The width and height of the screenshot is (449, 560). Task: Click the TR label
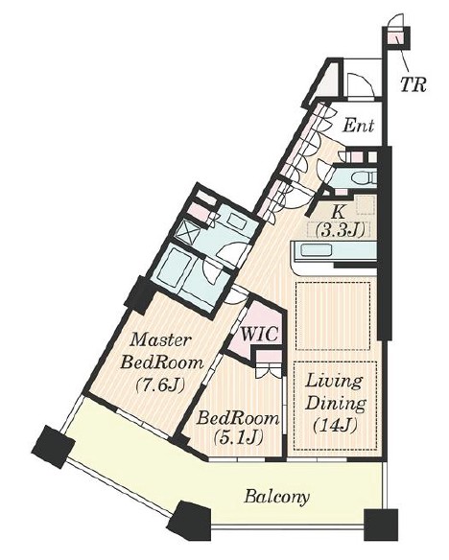point(413,84)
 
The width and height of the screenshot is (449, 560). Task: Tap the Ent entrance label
point(358,126)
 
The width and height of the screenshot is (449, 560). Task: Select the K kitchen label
point(338,213)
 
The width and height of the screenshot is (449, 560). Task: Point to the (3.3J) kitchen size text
point(340,231)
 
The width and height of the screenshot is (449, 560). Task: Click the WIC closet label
point(259,334)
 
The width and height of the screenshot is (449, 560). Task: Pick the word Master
point(161,339)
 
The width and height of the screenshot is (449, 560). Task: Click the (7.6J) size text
point(160,385)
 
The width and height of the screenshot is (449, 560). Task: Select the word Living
point(334,382)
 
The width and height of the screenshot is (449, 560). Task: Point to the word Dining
point(336,404)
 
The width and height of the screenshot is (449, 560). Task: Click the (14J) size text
point(335,426)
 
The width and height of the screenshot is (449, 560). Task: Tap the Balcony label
point(276,497)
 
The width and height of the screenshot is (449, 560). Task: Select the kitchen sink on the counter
point(316,249)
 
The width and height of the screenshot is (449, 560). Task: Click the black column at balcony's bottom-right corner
point(381,525)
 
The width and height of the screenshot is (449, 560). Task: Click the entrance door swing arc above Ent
point(360,84)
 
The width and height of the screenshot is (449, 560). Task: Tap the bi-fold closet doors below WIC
point(270,371)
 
